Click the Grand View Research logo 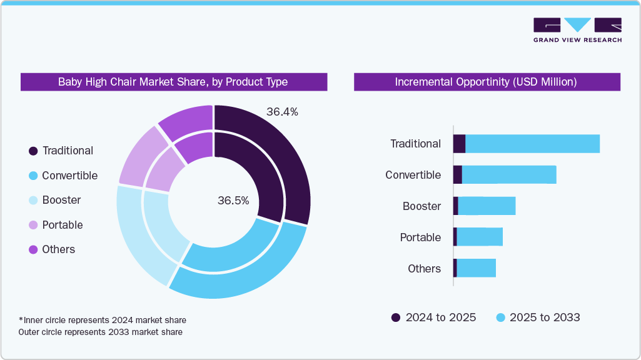click(577, 29)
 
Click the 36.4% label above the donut click(282, 112)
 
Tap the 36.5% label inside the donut click(233, 201)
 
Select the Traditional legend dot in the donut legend click(33, 151)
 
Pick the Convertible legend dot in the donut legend click(33, 176)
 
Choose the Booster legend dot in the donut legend click(33, 200)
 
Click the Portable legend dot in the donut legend click(33, 225)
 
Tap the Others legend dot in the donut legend click(33, 249)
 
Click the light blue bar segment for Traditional click(532, 144)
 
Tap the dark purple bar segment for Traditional click(459, 144)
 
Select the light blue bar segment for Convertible click(508, 175)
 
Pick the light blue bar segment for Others click(476, 268)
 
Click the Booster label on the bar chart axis click(421, 206)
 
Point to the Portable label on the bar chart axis click(420, 237)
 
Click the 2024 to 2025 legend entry click(433, 317)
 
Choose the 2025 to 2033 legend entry click(538, 317)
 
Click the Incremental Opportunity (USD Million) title click(487, 82)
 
